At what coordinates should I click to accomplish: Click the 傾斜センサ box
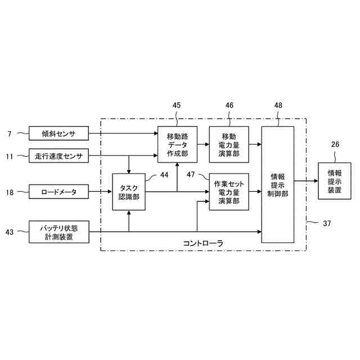58,133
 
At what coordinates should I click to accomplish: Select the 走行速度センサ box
58,156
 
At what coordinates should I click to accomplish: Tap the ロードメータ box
58,192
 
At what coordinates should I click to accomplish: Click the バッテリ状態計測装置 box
58,232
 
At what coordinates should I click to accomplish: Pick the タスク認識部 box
129,192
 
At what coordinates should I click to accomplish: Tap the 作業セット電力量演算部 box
228,192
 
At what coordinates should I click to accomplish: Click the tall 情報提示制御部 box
278,184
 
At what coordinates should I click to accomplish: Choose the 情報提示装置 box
334,181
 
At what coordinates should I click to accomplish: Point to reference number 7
10,134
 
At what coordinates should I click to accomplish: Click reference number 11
10,156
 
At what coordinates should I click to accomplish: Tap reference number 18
10,192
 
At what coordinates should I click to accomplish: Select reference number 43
10,232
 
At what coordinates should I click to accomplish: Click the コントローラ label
203,243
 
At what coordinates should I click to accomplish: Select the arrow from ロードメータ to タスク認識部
101,192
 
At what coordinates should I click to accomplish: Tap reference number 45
177,105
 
